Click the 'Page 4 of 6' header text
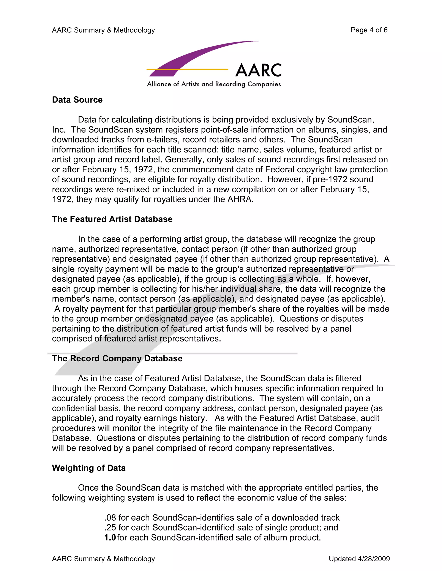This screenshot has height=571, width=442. pyautogui.click(x=369, y=30)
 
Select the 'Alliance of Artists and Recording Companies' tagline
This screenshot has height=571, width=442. pyautogui.click(x=214, y=84)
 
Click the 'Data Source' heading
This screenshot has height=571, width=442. pyautogui.click(x=77, y=100)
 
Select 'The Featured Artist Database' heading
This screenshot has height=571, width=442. pyautogui.click(x=112, y=219)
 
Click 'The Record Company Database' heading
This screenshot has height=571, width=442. pyautogui.click(x=117, y=359)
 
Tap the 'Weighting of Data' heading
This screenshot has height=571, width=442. pyautogui.click(x=89, y=468)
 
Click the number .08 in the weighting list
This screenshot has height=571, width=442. pyautogui.click(x=110, y=518)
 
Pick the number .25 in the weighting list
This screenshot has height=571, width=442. pyautogui.click(x=110, y=528)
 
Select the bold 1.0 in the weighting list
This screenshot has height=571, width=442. pyautogui.click(x=110, y=538)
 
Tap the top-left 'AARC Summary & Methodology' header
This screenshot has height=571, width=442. pyautogui.click(x=103, y=30)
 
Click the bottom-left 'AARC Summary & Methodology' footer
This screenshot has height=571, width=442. pyautogui.click(x=103, y=559)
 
